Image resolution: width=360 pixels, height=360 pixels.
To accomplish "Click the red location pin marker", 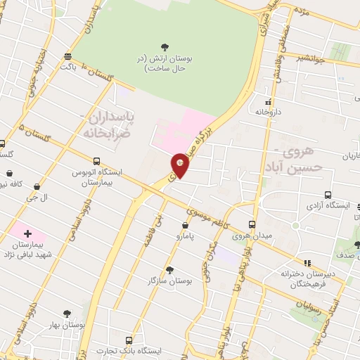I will pyautogui.click(x=180, y=165).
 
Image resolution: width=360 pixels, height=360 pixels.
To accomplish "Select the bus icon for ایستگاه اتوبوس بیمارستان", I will pyautogui.click(x=96, y=160).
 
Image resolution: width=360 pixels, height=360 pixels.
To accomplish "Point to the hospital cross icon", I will pyautogui.click(x=27, y=232).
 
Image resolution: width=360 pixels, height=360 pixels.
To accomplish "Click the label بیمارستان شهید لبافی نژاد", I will pyautogui.click(x=28, y=249).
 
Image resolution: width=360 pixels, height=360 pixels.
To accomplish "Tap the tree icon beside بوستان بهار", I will pyautogui.click(x=67, y=314).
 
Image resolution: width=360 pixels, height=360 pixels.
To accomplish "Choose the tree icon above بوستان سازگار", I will pyautogui.click(x=169, y=269).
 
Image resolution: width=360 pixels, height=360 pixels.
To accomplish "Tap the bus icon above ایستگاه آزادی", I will pyautogui.click(x=328, y=195).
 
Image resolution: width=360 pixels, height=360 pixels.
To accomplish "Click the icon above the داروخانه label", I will pyautogui.click(x=268, y=101).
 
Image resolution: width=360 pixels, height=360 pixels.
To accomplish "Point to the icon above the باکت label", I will pyautogui.click(x=67, y=56).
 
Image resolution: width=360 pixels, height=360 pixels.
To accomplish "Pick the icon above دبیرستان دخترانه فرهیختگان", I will pyautogui.click(x=306, y=262).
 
